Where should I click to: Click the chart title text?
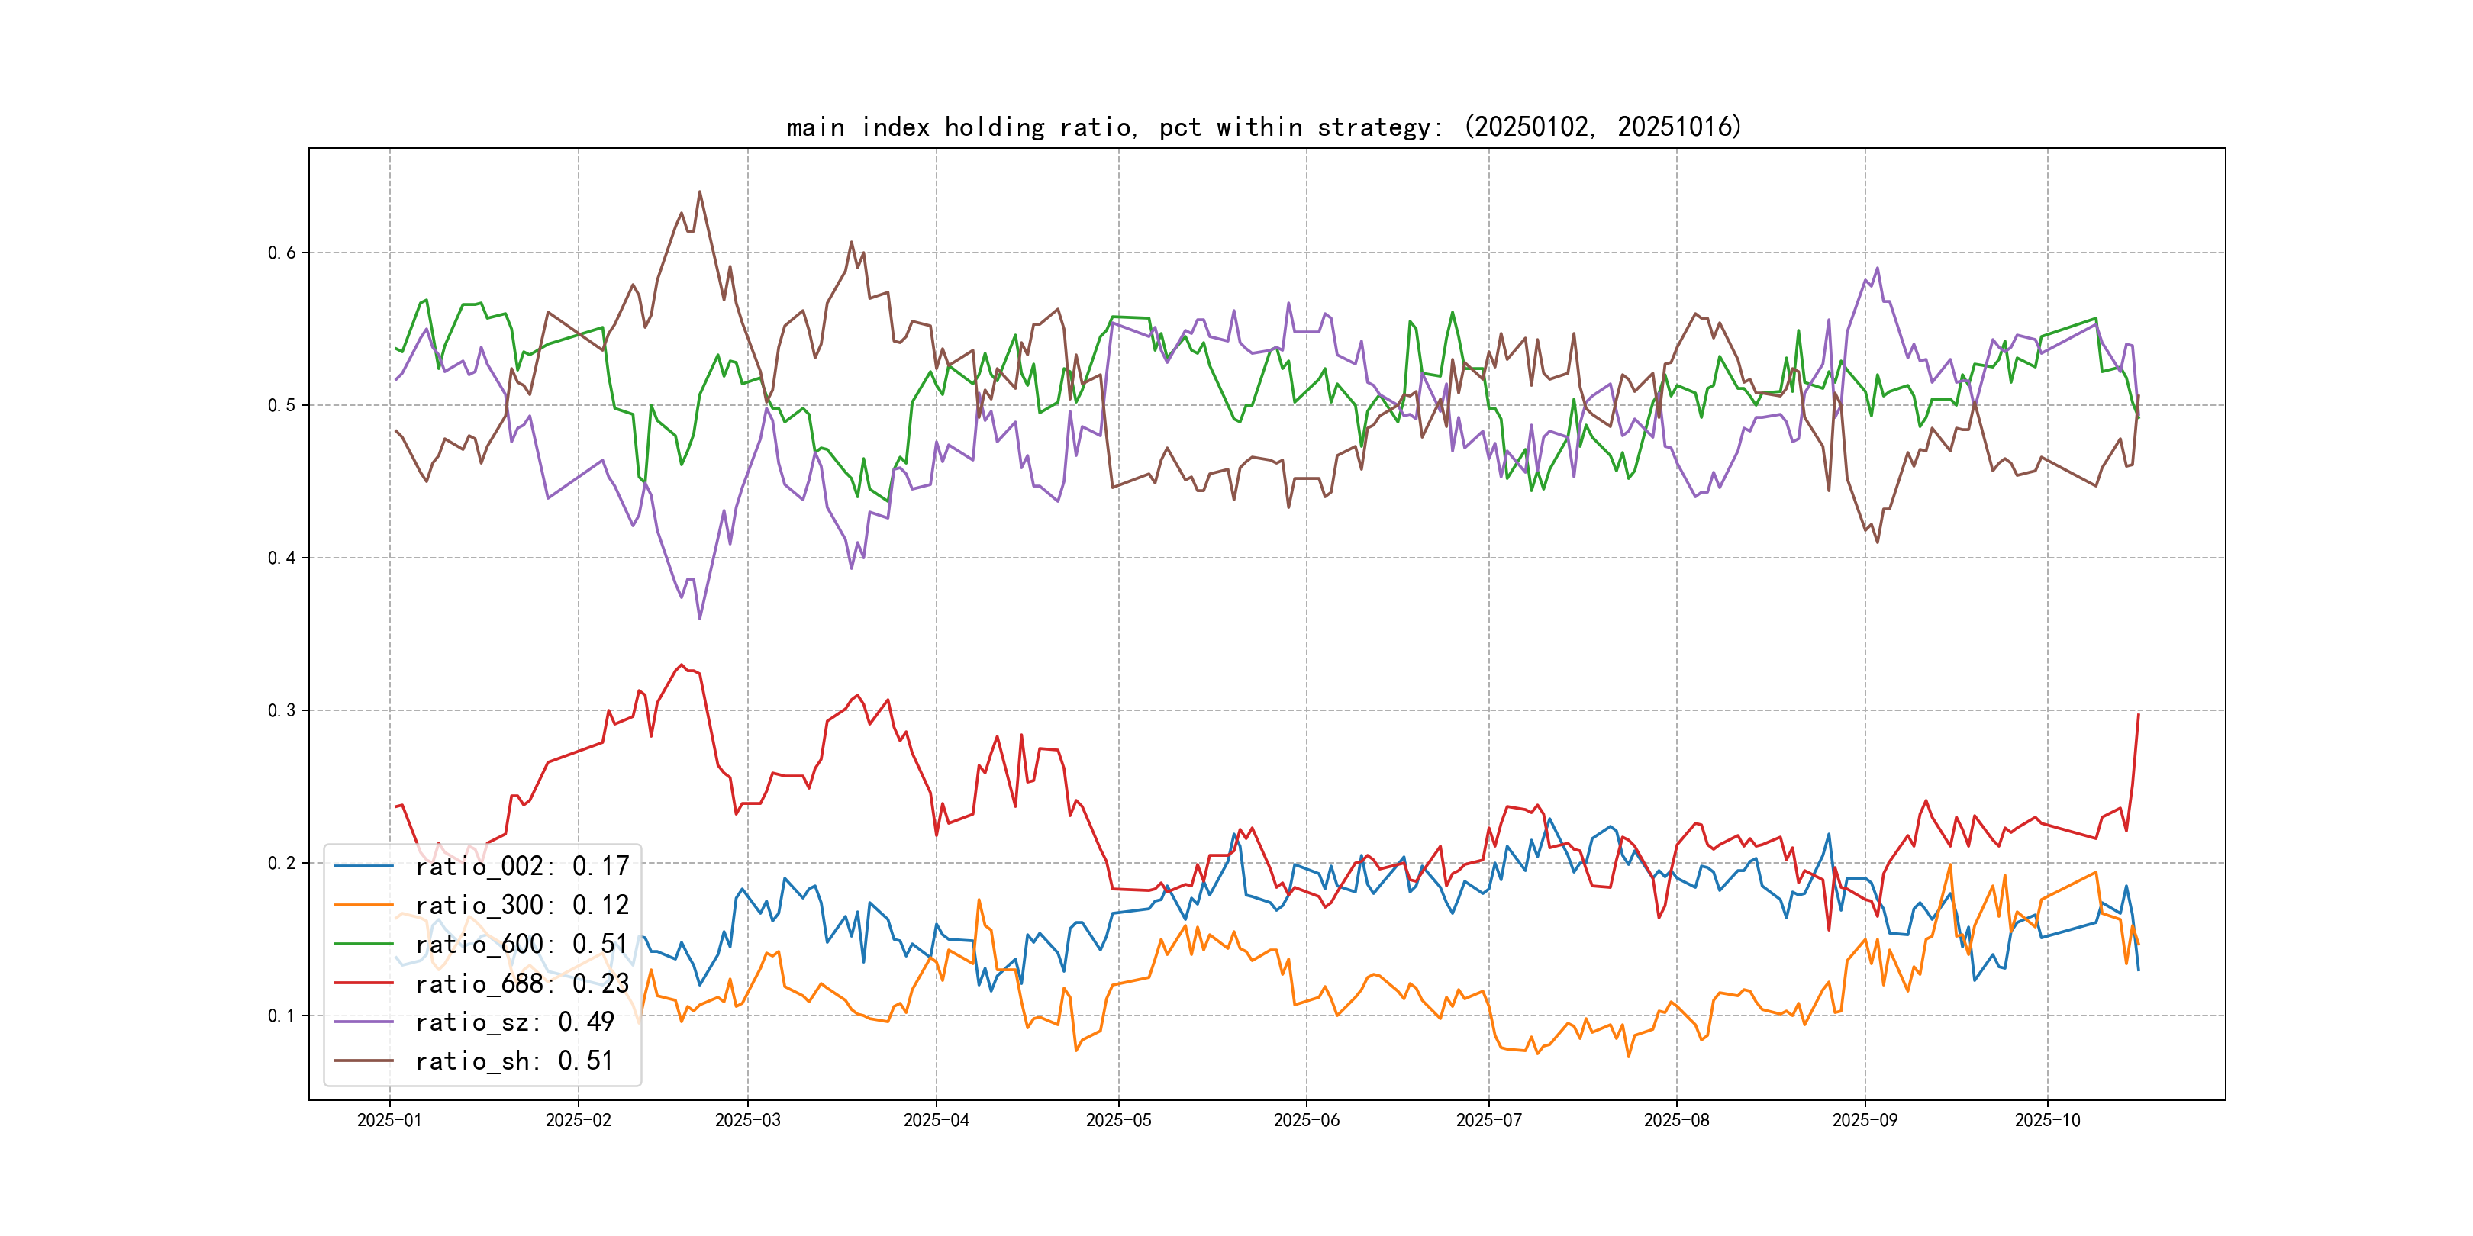pos(1263,127)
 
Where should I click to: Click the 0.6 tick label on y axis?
pos(282,253)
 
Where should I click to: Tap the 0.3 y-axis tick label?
pos(282,710)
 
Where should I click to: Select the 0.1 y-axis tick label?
pos(282,1016)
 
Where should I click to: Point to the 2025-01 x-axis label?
pos(389,1120)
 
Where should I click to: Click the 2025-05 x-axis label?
pos(1117,1120)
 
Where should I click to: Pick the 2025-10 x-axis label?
pos(2047,1120)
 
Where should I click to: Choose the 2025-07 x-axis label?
pos(1488,1120)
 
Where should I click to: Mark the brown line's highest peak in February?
pos(699,192)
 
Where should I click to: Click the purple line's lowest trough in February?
pos(699,618)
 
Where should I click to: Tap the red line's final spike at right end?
pos(2138,715)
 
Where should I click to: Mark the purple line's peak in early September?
pos(1877,269)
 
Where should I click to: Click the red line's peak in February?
pos(682,664)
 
